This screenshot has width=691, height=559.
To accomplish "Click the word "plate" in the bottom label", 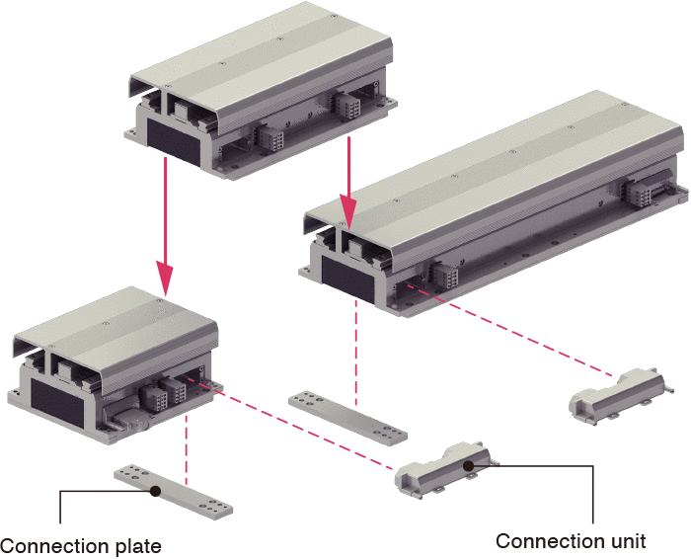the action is (137, 547).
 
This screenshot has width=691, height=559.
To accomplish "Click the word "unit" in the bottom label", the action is (629, 541).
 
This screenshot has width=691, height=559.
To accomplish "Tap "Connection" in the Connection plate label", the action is (54, 547).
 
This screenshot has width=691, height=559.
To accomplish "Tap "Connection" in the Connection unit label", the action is (551, 541).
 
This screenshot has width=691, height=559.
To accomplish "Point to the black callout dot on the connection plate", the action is (155, 491).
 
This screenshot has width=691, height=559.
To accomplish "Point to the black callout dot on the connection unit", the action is (469, 465).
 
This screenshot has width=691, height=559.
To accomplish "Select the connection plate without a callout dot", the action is (347, 418).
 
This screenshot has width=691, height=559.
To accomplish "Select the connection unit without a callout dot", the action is (621, 396).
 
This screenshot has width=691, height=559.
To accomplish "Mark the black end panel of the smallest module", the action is (57, 403).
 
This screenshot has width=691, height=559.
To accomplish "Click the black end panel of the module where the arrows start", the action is (174, 142).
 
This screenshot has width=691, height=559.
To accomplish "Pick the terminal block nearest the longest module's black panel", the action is (444, 276).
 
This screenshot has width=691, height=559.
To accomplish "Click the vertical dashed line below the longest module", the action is (356, 353).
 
